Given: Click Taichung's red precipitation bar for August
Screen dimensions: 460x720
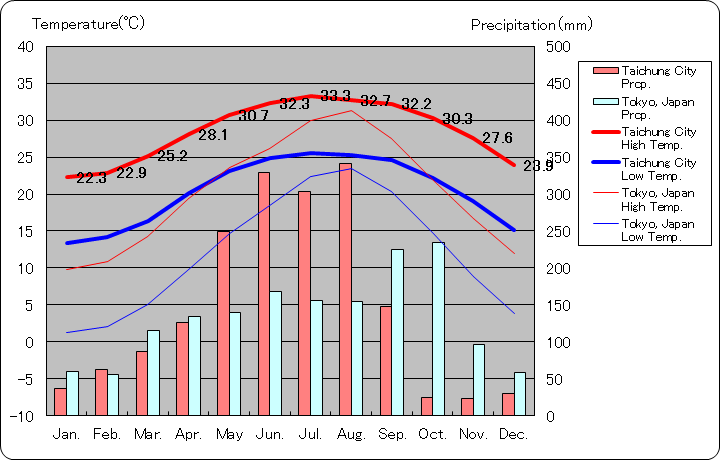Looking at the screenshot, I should point(345,289).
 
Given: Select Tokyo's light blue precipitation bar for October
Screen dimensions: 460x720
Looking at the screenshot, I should point(438,329).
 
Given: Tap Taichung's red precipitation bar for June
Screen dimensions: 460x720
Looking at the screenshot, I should point(264,294).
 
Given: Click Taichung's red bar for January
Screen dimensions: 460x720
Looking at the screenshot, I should point(60,401).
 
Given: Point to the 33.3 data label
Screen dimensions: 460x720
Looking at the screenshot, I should point(336,96).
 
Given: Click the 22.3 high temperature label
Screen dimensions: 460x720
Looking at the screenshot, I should point(91,178).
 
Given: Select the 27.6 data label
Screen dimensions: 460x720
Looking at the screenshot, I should point(497,138).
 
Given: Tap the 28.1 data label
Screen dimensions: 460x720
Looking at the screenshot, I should point(213,135).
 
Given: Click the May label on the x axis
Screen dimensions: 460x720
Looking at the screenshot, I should point(230,434).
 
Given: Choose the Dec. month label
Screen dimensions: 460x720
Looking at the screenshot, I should point(514,434).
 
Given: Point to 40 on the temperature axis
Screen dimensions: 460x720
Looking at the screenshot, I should point(26,47).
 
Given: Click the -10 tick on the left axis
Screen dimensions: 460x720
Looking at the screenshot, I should point(23,415).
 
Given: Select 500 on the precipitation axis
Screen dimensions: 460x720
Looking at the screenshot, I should point(558,47).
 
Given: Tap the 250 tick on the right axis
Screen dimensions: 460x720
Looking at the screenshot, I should point(558,231).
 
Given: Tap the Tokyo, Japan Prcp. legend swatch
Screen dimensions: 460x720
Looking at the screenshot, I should point(604,102).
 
